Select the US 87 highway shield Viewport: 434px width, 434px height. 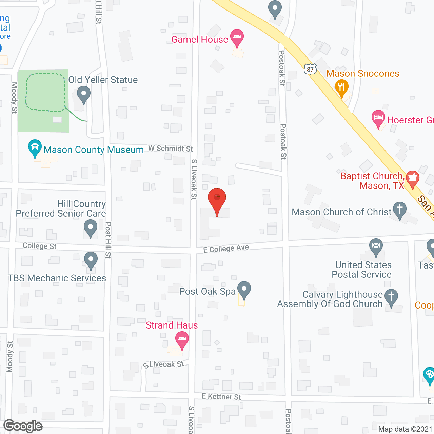pos(310,69)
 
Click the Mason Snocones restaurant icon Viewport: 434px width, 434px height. pos(341,88)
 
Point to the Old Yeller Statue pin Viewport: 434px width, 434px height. pos(83,94)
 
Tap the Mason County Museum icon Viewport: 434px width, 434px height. pos(35,148)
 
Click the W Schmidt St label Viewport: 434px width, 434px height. pos(170,149)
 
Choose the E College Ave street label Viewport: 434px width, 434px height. pos(226,249)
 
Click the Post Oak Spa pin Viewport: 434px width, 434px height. pos(244,290)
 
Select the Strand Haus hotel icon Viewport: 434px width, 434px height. pos(182,340)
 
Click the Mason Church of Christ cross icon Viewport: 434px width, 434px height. pos(400,210)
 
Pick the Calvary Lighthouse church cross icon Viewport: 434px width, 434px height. pos(391,297)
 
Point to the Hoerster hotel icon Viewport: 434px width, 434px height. pos(378,119)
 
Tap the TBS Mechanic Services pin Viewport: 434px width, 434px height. pos(91,260)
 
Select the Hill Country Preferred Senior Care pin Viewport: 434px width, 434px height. pos(90,228)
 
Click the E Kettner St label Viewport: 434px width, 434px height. pos(221,396)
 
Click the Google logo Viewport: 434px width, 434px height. pos(23,426)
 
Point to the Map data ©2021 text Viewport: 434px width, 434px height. pos(406,429)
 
